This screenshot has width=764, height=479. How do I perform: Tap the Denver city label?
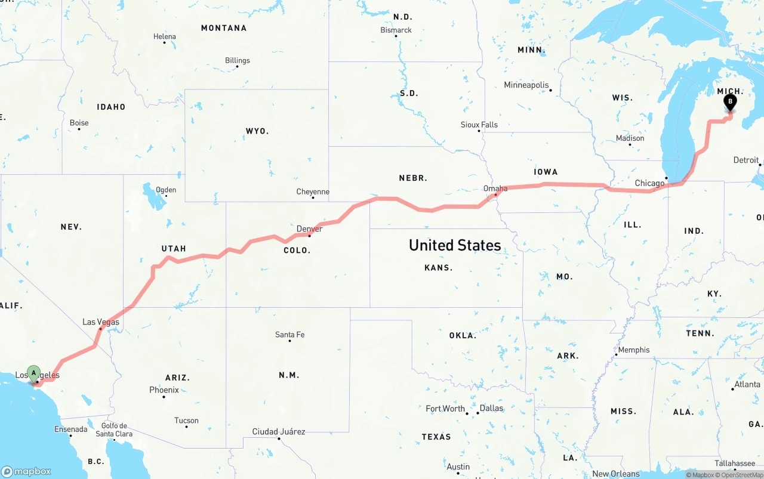(x=309, y=228)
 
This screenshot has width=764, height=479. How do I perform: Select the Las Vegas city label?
(x=101, y=322)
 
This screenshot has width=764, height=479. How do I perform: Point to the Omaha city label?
(x=495, y=188)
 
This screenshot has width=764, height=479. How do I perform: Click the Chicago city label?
(x=649, y=183)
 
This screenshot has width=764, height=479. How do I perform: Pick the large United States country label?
(x=455, y=245)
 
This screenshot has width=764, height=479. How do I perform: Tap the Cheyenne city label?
(x=313, y=191)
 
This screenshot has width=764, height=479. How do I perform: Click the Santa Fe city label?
(x=289, y=335)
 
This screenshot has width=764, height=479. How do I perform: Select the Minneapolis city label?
(x=526, y=85)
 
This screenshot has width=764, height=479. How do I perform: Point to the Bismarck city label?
(x=396, y=30)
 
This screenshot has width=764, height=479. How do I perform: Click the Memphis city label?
(x=633, y=350)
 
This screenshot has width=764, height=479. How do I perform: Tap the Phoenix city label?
(x=164, y=390)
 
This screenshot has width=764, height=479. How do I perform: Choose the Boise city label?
(x=79, y=123)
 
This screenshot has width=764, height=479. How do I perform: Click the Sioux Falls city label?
(x=479, y=125)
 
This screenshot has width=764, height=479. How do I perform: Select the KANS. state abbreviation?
(x=438, y=268)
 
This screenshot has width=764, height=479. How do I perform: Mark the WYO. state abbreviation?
(x=257, y=131)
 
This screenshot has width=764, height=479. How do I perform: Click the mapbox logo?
(x=26, y=471)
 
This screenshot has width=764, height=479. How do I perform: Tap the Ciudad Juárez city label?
(x=279, y=431)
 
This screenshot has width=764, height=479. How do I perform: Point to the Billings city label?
(x=238, y=60)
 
